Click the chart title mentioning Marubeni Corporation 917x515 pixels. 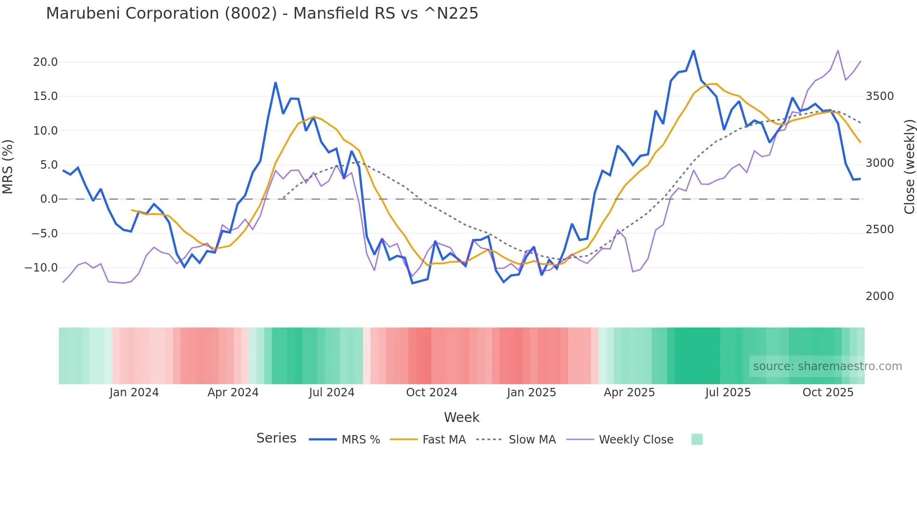click(262, 14)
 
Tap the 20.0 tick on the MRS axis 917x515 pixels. click(45, 62)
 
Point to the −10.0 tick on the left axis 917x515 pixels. click(41, 268)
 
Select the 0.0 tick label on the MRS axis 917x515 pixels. click(49, 199)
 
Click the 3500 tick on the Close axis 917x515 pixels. click(880, 96)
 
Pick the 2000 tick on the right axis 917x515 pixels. click(880, 296)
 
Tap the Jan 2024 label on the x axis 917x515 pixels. click(134, 393)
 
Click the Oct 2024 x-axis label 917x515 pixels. click(431, 393)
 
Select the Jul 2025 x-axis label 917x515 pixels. click(728, 393)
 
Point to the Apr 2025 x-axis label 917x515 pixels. click(629, 393)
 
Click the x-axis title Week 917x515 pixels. click(461, 417)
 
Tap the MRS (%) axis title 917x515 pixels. click(8, 166)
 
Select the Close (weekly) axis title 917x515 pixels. click(909, 166)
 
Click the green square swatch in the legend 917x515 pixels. click(697, 439)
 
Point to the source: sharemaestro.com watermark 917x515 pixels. click(827, 366)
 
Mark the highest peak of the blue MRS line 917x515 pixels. click(693, 50)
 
